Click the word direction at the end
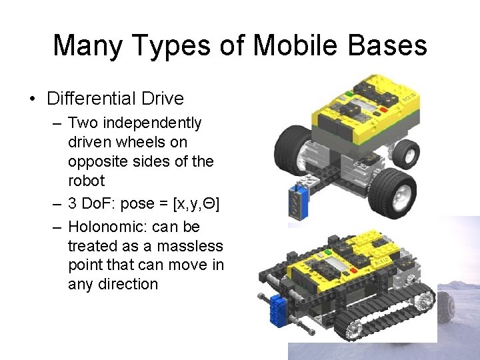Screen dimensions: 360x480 click(x=113, y=284)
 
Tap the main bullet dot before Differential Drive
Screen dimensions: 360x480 click(x=32, y=99)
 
